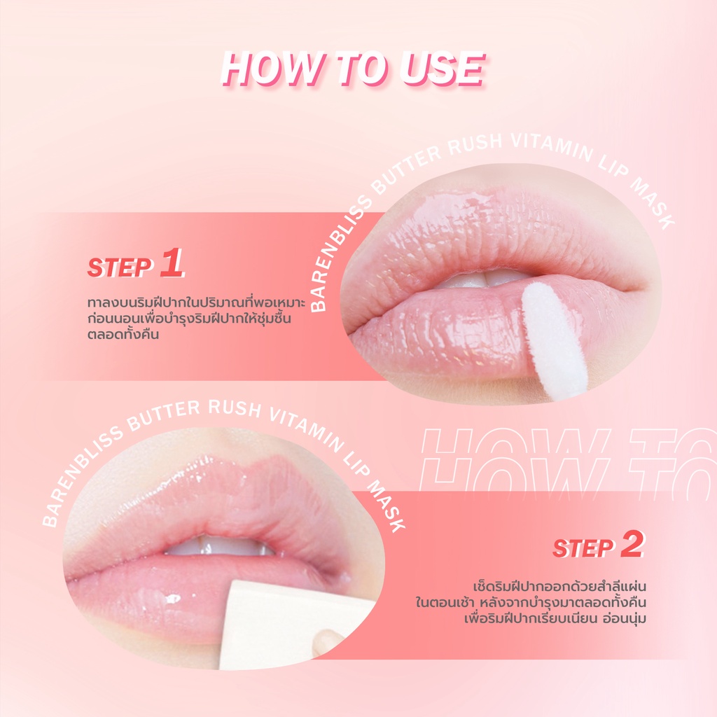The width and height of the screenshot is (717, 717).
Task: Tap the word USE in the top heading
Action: click(442, 69)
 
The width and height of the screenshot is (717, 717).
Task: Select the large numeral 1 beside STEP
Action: click(172, 263)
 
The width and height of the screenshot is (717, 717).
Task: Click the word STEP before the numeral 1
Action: click(120, 267)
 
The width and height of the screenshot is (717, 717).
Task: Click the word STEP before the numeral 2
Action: click(583, 548)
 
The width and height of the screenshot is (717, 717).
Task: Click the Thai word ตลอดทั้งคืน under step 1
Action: click(123, 334)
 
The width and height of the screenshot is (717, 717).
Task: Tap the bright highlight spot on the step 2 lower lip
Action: click(173, 598)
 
